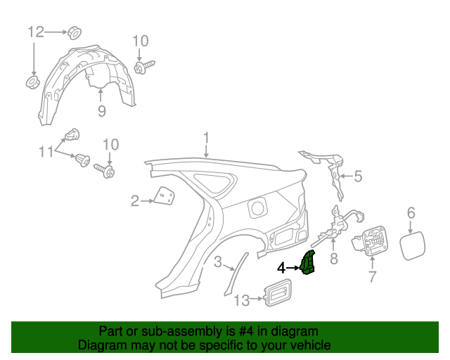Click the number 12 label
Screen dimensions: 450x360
pos(36,32)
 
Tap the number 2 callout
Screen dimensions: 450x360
pos(134,201)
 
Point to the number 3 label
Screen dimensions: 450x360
pos(218,262)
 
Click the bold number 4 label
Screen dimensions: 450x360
pos(281,268)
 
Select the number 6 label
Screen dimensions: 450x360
pos(411,212)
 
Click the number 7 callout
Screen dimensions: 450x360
pos(372,277)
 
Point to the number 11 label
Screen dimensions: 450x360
pos(46,150)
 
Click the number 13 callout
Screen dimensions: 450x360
pos(241,301)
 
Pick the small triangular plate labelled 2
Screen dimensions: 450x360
pos(165,196)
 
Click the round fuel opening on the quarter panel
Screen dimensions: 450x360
pos(258,207)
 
